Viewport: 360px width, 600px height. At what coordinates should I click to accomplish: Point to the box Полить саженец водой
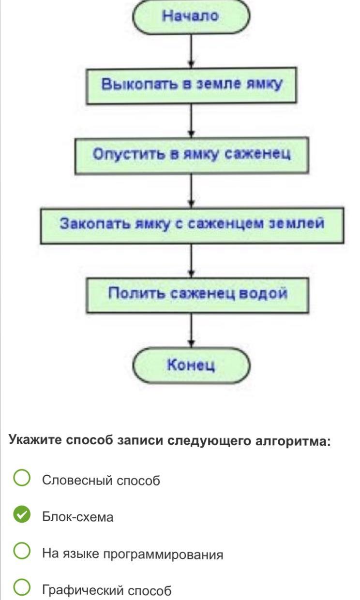click(x=192, y=294)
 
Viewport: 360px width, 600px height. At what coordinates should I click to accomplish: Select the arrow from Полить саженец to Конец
click(x=192, y=330)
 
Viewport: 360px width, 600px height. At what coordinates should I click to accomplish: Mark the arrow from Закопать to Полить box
click(x=192, y=260)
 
